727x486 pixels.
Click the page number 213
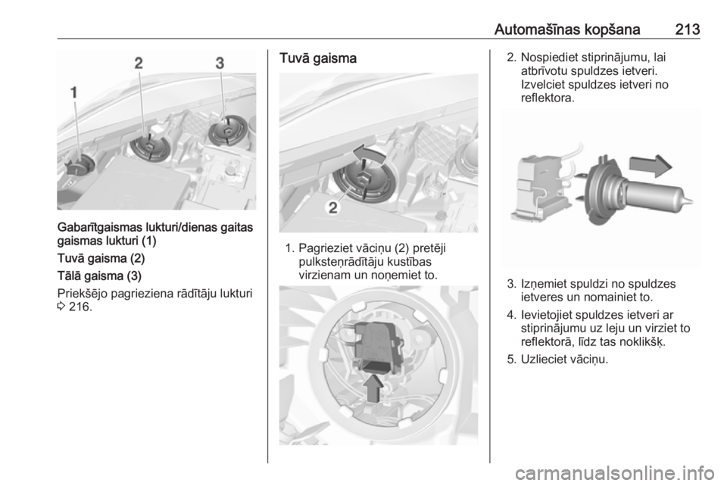(x=687, y=30)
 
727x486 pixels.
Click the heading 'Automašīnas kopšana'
(x=566, y=30)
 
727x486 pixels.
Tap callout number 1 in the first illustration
(x=73, y=93)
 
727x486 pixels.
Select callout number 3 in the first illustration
(x=220, y=63)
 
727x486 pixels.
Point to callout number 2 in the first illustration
(x=139, y=63)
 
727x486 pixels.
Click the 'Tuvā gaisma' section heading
(x=317, y=58)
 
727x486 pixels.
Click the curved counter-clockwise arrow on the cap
(x=369, y=154)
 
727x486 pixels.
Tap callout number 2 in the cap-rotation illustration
(x=333, y=208)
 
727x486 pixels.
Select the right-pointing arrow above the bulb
(x=651, y=166)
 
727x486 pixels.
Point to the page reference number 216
(x=79, y=307)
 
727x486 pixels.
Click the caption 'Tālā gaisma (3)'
(x=99, y=276)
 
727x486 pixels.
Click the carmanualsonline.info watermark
(x=614, y=473)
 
